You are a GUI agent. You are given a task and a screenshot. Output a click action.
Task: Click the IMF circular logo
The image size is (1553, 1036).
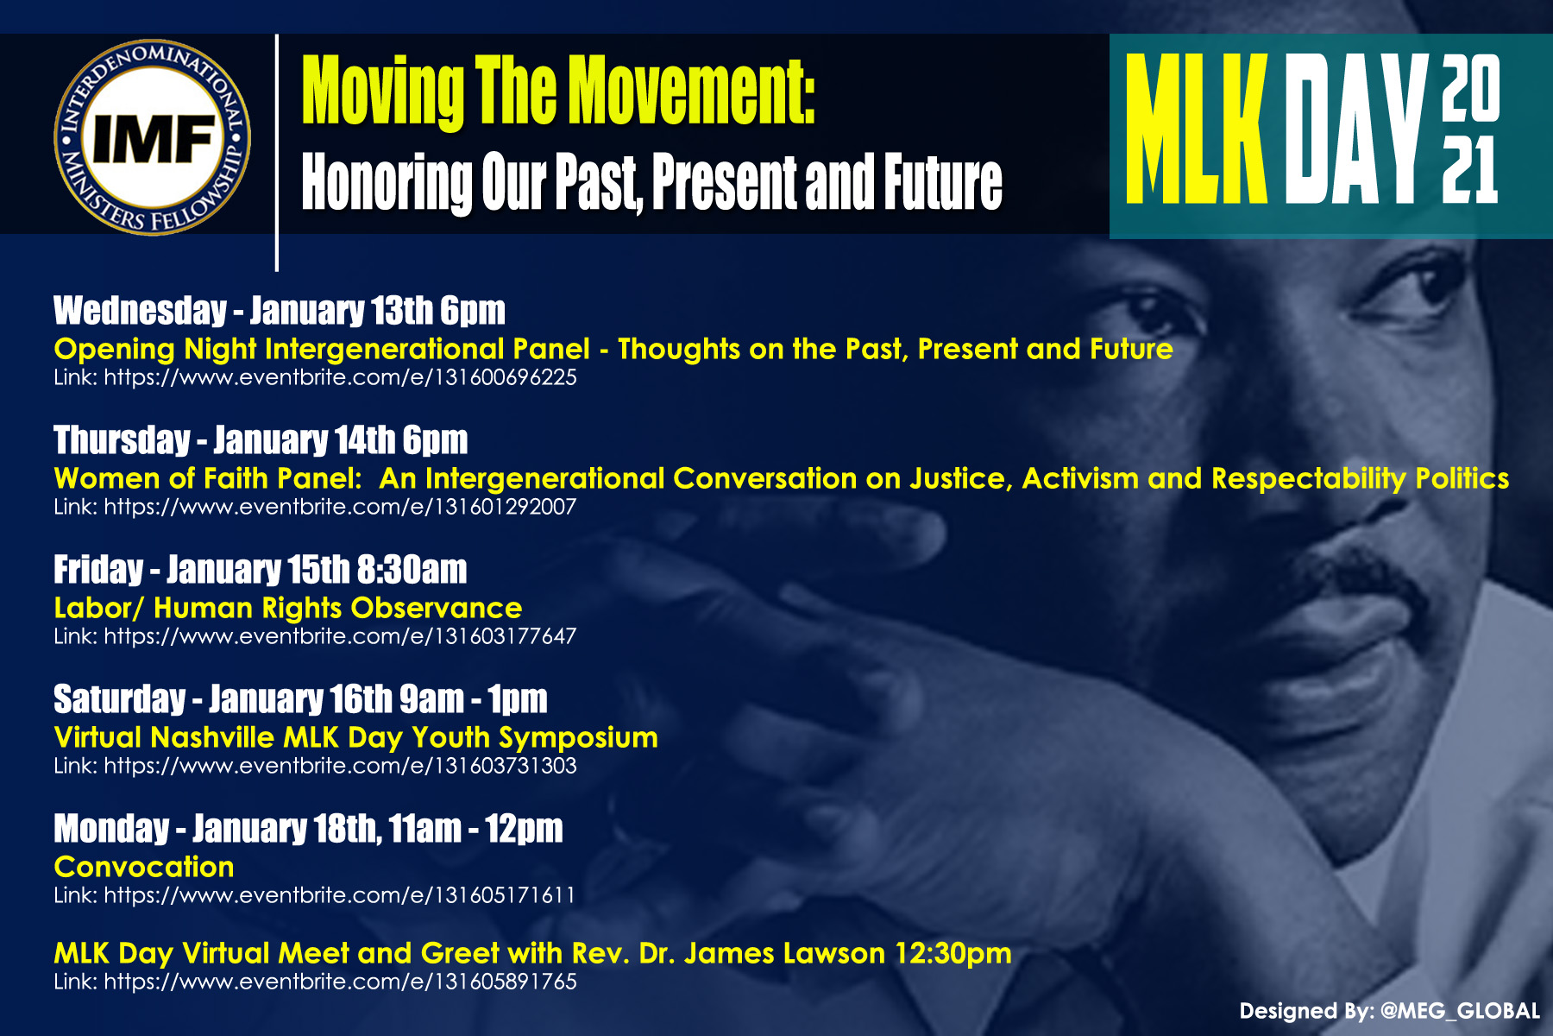(153, 137)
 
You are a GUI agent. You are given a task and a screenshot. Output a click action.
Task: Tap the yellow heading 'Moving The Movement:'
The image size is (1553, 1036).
(558, 92)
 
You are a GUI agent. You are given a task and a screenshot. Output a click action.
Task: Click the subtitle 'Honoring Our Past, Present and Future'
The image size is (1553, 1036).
(651, 183)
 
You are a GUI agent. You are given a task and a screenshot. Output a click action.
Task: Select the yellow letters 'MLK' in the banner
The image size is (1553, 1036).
(1197, 129)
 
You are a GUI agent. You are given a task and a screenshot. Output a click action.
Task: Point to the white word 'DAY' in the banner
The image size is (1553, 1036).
(1355, 129)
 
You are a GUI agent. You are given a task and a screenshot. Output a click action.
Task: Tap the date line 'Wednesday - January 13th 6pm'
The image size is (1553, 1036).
(280, 311)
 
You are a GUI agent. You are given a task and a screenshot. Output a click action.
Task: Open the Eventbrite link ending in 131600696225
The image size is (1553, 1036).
(315, 377)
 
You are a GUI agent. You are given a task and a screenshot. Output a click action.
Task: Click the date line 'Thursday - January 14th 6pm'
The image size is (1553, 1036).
(261, 440)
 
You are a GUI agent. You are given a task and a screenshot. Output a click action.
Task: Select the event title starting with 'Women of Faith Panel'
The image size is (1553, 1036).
(782, 478)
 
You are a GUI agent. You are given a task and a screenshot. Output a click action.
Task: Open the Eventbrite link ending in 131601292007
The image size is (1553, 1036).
(315, 507)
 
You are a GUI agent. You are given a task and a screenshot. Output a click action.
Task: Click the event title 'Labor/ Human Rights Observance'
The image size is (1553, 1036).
(288, 608)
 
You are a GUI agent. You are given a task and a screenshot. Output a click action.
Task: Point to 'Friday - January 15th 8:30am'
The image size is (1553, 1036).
(261, 570)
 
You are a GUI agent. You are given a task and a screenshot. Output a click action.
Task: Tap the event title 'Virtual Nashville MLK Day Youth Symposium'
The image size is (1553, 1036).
(355, 738)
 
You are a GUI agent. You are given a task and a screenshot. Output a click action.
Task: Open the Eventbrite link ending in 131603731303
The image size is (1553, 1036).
(315, 766)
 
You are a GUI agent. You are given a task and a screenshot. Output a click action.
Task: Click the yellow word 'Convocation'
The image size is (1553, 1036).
(144, 867)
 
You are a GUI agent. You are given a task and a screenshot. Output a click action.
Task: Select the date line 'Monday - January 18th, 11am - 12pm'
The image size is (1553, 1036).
(308, 829)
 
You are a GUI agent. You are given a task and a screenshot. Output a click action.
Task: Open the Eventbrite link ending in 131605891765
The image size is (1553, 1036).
(315, 982)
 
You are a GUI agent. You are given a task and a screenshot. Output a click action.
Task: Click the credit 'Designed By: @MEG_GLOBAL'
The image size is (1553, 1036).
(1390, 1011)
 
